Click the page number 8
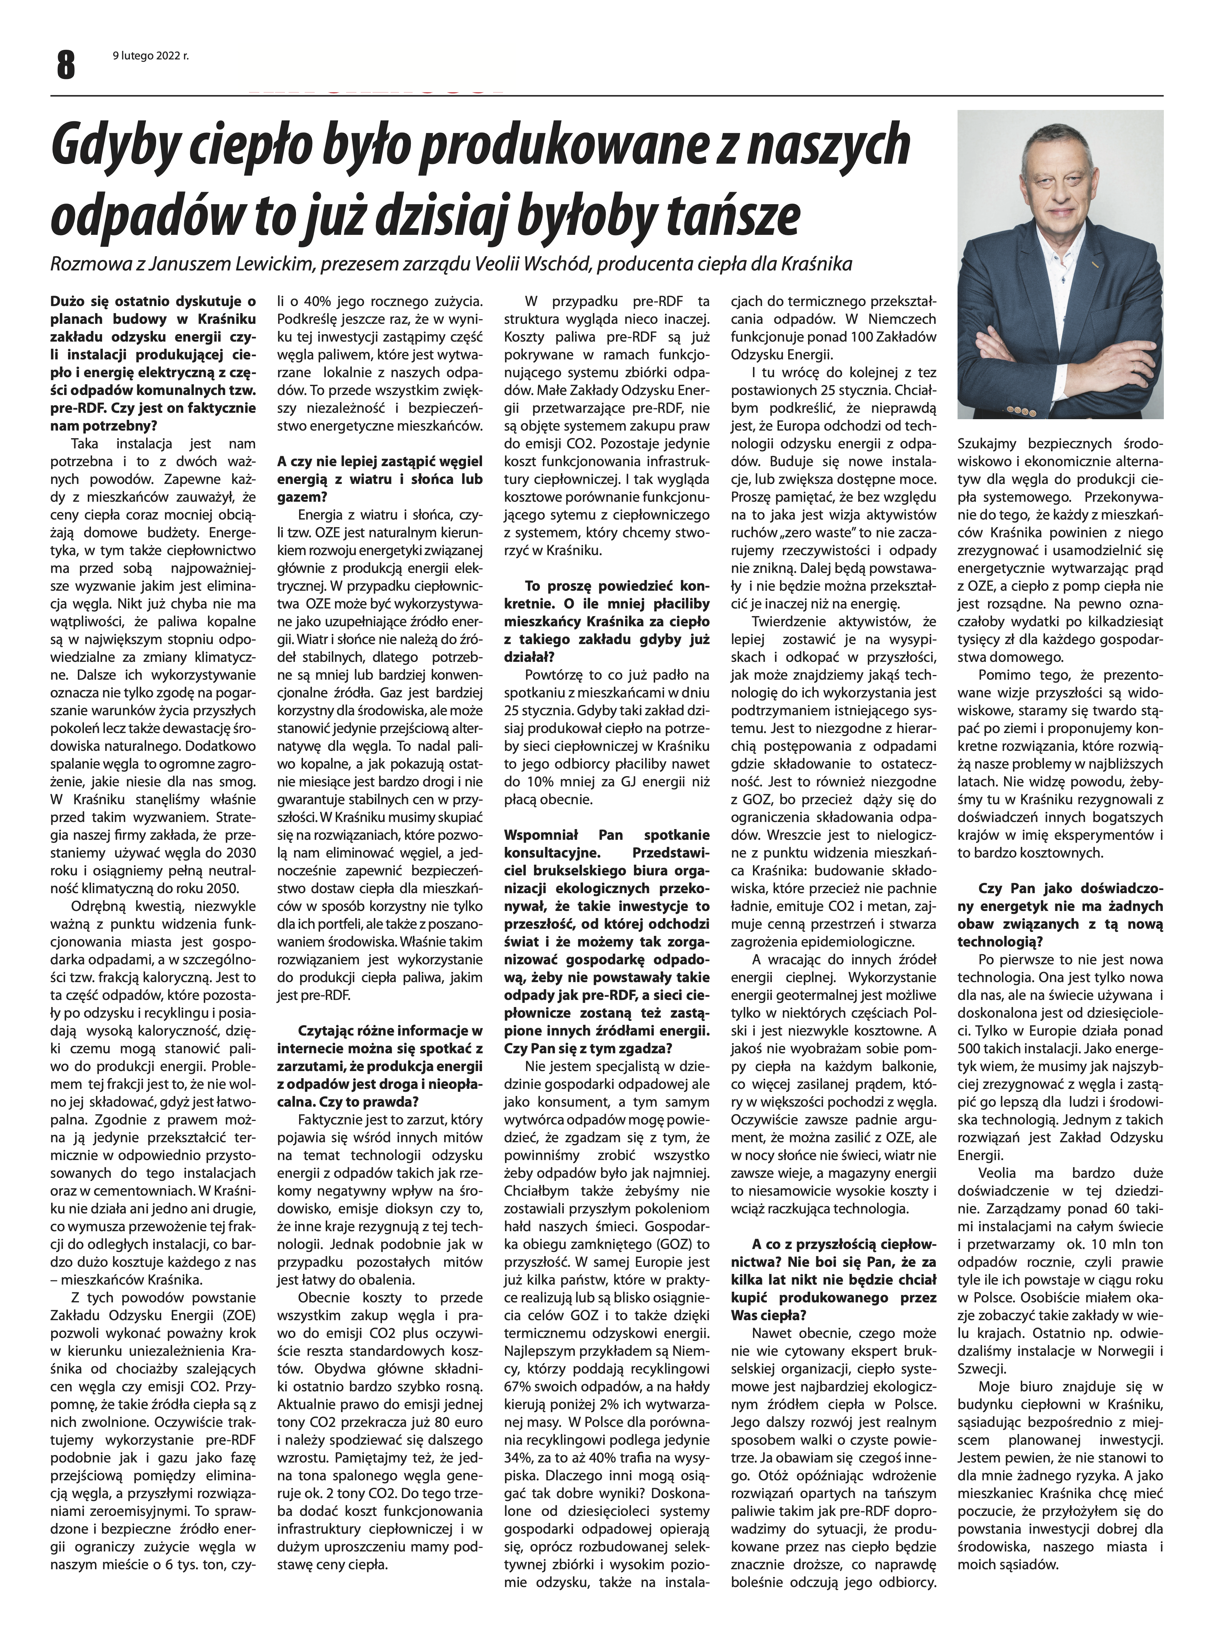pyautogui.click(x=65, y=64)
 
